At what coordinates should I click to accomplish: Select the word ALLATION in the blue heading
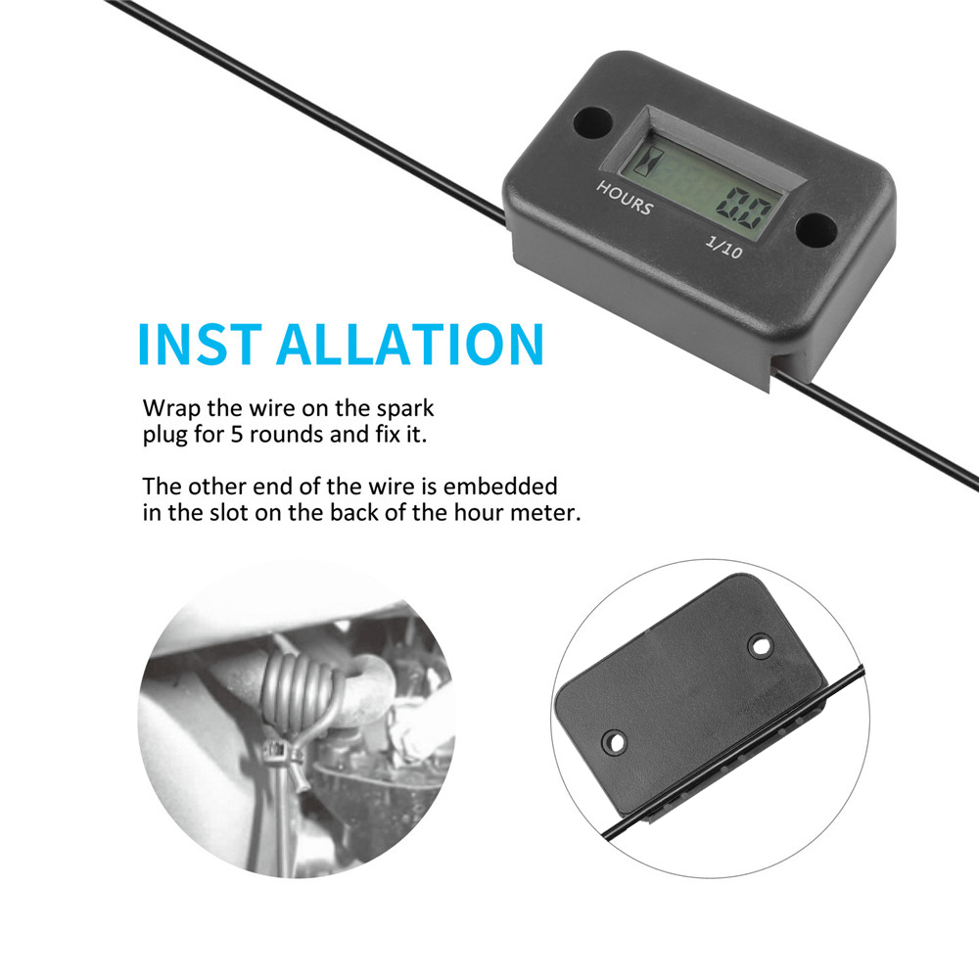tap(410, 343)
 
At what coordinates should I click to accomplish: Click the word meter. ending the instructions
tap(548, 512)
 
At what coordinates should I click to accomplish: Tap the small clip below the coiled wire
tap(282, 753)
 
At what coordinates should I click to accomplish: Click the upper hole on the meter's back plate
tap(759, 646)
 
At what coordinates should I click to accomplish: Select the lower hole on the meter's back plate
tap(616, 742)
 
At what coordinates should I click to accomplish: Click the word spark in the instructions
tap(402, 407)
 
